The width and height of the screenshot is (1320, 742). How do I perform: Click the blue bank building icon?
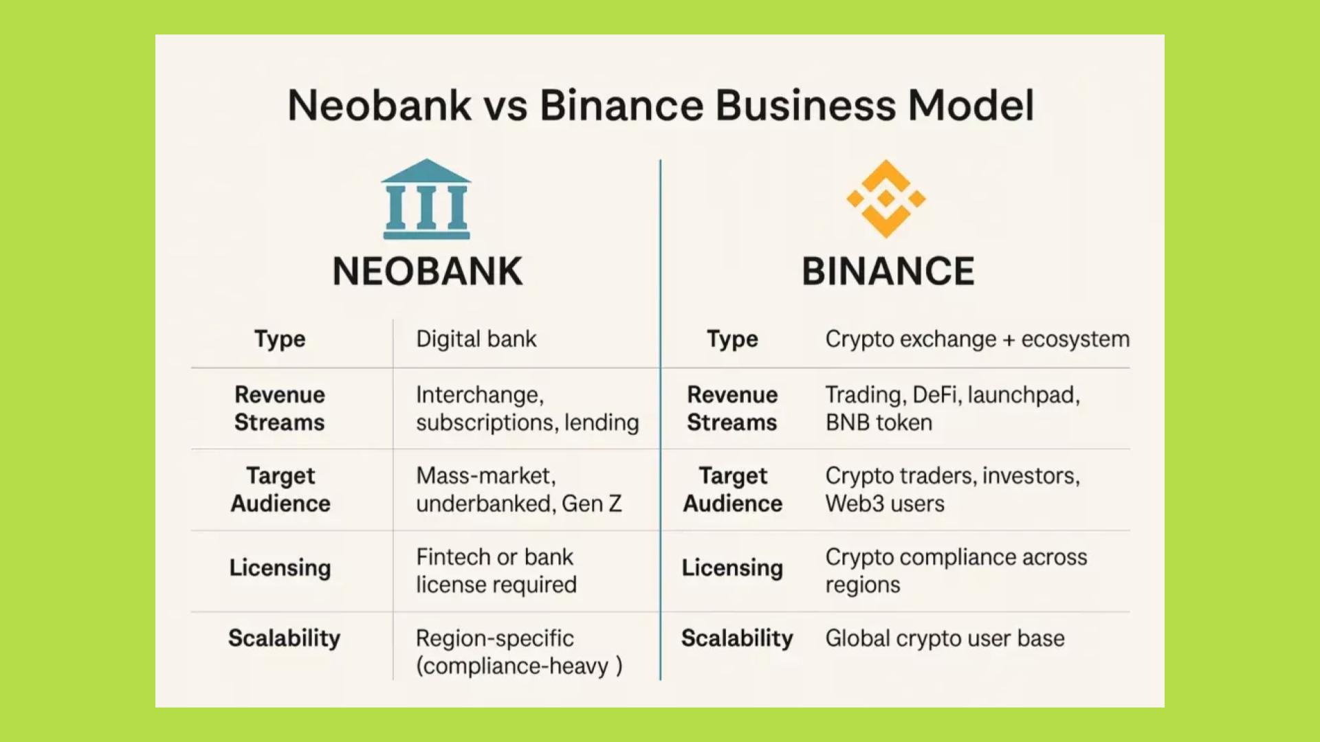[x=426, y=199]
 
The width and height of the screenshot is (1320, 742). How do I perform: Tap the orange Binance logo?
[x=886, y=199]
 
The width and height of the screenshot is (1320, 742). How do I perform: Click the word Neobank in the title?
[x=379, y=105]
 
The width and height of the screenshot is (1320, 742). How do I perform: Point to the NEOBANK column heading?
[x=427, y=271]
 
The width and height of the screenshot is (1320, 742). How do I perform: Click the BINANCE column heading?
[x=888, y=271]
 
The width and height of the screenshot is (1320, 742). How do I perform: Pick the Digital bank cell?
[x=476, y=339]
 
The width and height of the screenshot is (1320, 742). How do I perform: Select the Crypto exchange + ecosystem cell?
[x=977, y=339]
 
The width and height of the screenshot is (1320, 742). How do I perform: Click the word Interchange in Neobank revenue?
[x=478, y=395]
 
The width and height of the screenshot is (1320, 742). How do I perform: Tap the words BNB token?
[x=879, y=423]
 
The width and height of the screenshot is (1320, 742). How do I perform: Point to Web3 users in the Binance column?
[x=885, y=504]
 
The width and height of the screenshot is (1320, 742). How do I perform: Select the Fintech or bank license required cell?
[x=496, y=571]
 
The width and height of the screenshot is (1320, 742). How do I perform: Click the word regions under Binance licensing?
[x=862, y=585]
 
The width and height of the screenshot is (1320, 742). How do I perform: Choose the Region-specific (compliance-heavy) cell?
[x=518, y=652]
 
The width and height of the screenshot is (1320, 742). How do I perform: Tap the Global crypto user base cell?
[x=945, y=638]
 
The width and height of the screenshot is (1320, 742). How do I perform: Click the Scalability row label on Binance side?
[x=737, y=638]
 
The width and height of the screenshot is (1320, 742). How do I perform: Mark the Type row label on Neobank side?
[x=280, y=339]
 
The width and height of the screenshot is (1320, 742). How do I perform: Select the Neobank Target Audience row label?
[x=280, y=490]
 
